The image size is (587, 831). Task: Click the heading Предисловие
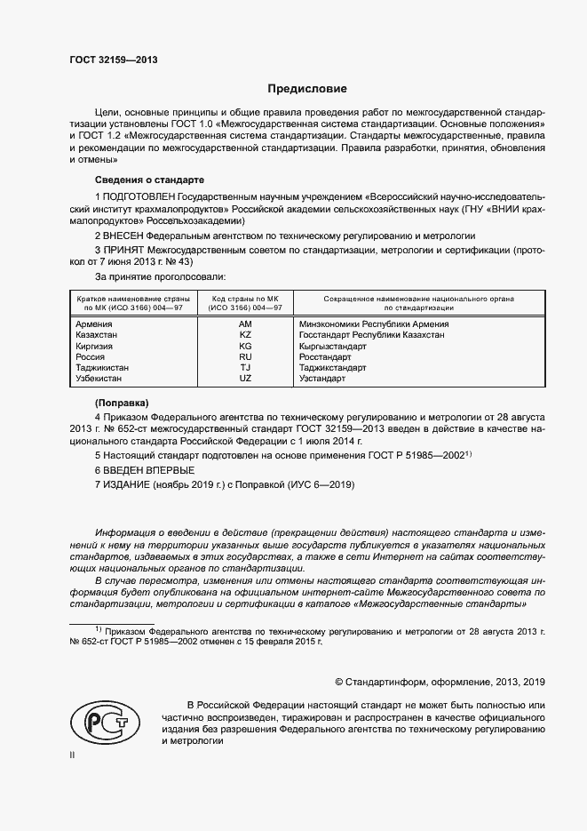pyautogui.click(x=308, y=89)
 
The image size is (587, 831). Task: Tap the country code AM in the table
pyautogui.click(x=246, y=324)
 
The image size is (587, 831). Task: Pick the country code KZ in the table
pyautogui.click(x=246, y=335)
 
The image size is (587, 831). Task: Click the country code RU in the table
pyautogui.click(x=246, y=356)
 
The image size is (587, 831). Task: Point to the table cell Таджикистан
pyautogui.click(x=103, y=367)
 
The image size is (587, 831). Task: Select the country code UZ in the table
pyautogui.click(x=246, y=378)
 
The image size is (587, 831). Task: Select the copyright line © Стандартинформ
pyautogui.click(x=440, y=682)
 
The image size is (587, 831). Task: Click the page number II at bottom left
pyautogui.click(x=73, y=755)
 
